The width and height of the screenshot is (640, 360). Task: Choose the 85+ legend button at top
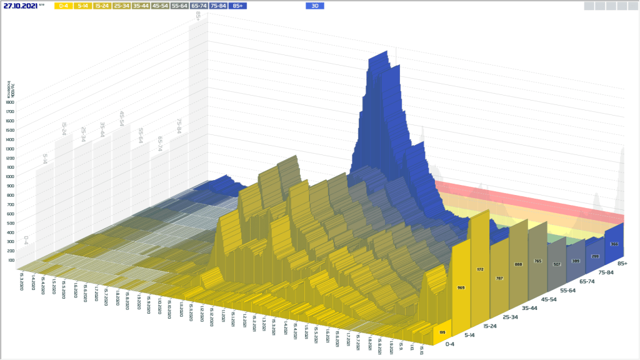[237, 6]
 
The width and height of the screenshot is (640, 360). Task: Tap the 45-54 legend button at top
[161, 6]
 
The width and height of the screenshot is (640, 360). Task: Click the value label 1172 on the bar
[480, 269]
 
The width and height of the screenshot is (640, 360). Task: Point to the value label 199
[442, 332]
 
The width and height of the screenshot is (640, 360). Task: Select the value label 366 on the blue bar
[614, 244]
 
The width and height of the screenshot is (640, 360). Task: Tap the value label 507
[556, 264]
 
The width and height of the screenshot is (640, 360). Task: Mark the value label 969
[461, 288]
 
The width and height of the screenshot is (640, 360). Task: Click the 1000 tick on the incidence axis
[11, 176]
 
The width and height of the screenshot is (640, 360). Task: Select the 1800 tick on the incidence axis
[11, 102]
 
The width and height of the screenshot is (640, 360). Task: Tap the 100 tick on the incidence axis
[11, 260]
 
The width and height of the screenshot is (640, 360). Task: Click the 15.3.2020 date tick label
[22, 282]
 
